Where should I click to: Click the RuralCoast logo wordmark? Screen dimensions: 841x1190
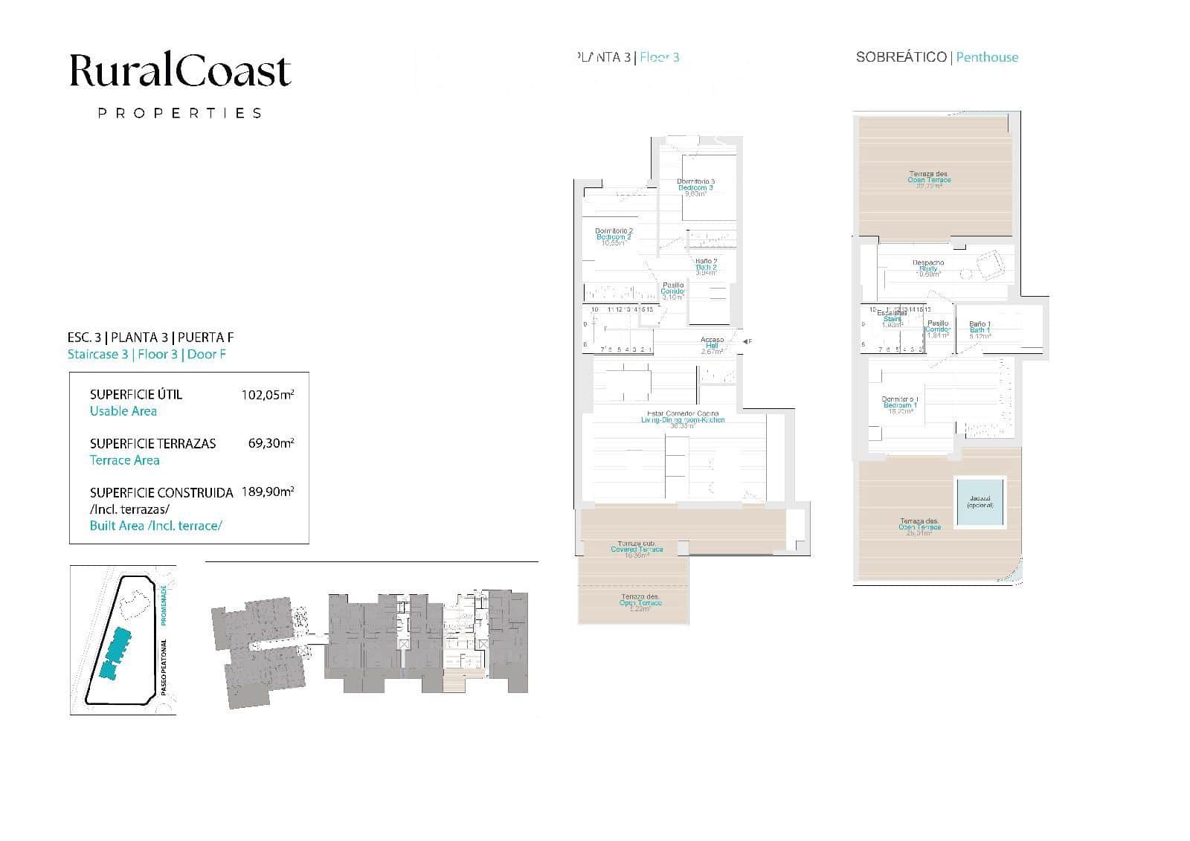point(180,71)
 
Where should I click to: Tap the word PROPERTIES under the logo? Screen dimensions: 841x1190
point(180,113)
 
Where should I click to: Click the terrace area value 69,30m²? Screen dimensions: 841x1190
point(271,443)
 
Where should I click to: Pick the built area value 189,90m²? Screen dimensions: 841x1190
point(268,492)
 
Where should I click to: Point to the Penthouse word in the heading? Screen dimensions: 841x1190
point(987,57)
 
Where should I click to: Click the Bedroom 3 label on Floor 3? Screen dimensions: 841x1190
point(695,188)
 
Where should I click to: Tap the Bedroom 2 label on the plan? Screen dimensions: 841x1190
point(614,237)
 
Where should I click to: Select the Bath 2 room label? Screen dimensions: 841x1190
point(706,267)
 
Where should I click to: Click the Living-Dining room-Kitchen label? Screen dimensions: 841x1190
point(682,420)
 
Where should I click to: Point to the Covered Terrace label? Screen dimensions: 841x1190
point(636,550)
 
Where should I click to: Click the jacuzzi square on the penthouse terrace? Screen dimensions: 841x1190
point(980,502)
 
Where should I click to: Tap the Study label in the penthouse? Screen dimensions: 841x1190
point(927,268)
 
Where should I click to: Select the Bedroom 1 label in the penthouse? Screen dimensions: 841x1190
point(900,405)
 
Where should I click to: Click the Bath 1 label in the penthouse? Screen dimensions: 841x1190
point(979,330)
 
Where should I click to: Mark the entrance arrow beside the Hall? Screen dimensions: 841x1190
point(745,341)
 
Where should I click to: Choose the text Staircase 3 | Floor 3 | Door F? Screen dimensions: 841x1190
point(147,354)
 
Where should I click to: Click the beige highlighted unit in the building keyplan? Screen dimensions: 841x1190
point(454,680)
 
